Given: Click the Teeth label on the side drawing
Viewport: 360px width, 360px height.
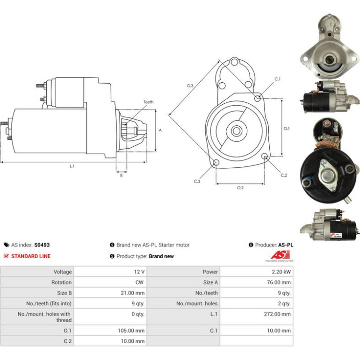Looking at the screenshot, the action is (148, 102).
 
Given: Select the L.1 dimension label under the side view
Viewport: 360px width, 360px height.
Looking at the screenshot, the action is (72, 166).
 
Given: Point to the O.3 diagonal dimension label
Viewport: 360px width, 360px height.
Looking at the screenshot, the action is (190, 86).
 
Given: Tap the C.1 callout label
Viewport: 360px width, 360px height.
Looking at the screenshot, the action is (278, 79).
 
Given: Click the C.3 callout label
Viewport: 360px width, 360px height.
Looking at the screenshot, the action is (197, 181).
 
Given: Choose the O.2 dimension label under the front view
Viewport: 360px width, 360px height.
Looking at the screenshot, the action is (240, 188).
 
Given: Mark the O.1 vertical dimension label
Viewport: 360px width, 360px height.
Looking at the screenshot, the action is (287, 129).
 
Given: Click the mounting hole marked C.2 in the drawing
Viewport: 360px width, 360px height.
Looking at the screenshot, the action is (265, 156).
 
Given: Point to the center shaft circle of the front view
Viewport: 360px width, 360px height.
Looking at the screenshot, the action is (237, 131).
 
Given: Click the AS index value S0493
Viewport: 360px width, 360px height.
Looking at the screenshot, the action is (42, 245).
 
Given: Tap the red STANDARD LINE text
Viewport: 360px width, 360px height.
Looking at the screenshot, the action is (31, 256).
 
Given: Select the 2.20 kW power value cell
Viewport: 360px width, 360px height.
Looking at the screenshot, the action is (257, 272).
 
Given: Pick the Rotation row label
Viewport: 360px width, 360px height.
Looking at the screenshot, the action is (61, 282).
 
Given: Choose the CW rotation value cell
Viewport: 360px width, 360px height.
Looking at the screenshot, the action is (110, 282).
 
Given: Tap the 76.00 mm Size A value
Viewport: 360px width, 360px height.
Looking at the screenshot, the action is (279, 282).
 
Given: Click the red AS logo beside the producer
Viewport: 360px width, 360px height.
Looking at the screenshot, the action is (280, 255).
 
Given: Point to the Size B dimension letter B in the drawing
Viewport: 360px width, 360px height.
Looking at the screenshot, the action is (121, 175).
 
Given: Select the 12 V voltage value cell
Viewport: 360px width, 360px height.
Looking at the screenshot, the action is (110, 272).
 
